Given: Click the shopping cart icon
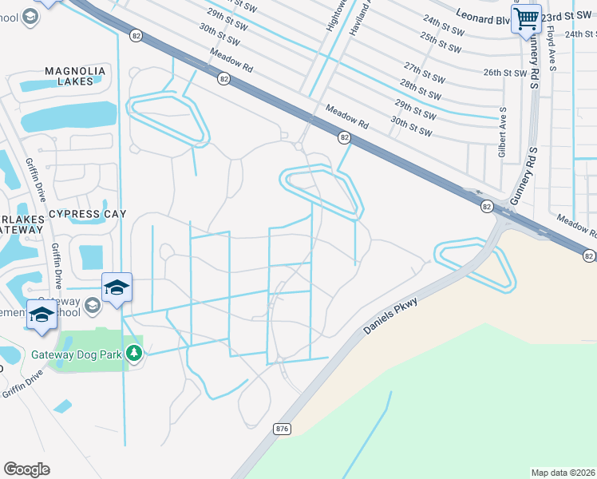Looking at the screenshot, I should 527,18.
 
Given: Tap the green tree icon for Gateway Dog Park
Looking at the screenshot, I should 134,354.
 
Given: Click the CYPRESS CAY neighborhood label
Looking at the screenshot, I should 87,214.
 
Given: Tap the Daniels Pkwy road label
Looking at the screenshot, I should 390,316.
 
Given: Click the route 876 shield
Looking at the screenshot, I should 282,429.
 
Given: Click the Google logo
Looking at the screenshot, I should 26,469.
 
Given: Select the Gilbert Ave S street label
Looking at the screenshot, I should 503,132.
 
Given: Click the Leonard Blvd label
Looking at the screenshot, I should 483,18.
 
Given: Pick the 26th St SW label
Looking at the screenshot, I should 505,73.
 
